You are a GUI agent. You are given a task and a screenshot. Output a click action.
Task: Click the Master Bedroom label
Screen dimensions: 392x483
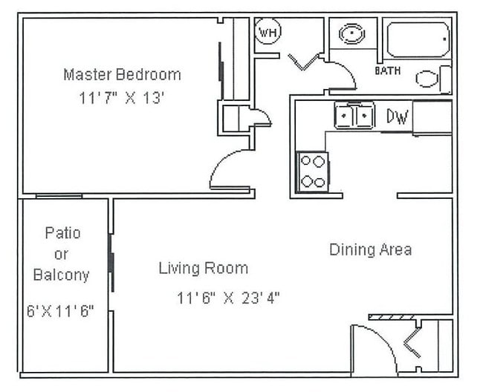pyautogui.click(x=122, y=74)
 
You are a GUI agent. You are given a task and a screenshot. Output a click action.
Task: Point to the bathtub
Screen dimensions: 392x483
pyautogui.click(x=418, y=39)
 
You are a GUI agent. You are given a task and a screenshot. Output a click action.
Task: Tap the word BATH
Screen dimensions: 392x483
pyautogui.click(x=387, y=71)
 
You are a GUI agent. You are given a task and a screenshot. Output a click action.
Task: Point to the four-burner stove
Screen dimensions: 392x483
pyautogui.click(x=312, y=171)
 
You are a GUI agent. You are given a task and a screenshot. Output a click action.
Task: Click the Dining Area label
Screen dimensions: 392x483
pyautogui.click(x=370, y=249)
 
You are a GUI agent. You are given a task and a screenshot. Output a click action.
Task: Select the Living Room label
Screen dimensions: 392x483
pyautogui.click(x=203, y=268)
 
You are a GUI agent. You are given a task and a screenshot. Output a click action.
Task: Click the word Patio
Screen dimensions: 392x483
pyautogui.click(x=62, y=233)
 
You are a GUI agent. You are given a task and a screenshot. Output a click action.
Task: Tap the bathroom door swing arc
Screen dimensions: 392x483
pyautogui.click(x=342, y=74)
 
